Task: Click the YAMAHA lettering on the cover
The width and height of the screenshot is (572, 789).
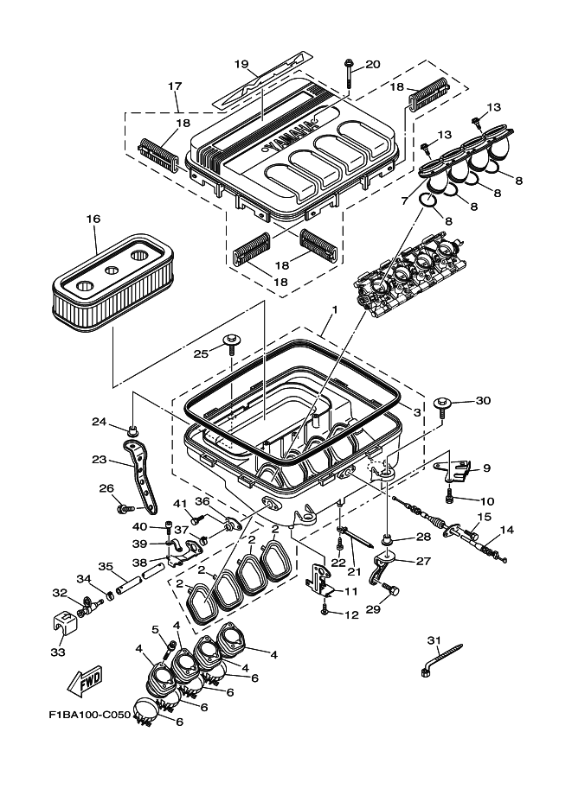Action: pyautogui.click(x=295, y=134)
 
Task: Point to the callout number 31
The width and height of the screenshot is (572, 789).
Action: pyautogui.click(x=434, y=639)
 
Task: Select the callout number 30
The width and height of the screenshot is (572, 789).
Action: pyautogui.click(x=483, y=400)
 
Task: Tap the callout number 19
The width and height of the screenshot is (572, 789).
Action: pyautogui.click(x=241, y=64)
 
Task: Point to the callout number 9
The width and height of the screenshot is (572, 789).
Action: pyautogui.click(x=486, y=468)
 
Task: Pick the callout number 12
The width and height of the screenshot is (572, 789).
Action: pyautogui.click(x=350, y=614)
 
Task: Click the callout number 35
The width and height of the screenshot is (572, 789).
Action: pyautogui.click(x=106, y=567)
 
